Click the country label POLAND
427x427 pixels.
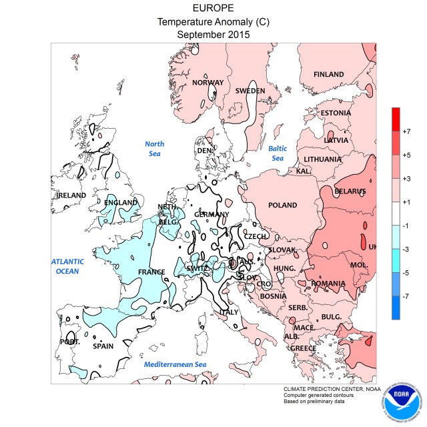[282, 205]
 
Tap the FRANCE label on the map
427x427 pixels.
[151, 272]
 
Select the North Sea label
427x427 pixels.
[155, 148]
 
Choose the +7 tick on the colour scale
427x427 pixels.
[407, 123]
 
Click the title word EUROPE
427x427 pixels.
[213, 8]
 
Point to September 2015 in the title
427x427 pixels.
[213, 35]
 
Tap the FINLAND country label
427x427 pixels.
[328, 74]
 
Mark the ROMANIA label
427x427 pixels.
[328, 284]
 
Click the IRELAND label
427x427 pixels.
[71, 195]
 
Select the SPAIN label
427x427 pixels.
[103, 346]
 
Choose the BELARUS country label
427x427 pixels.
[350, 191]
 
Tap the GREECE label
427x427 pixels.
[303, 348]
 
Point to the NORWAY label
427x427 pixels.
[207, 83]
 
